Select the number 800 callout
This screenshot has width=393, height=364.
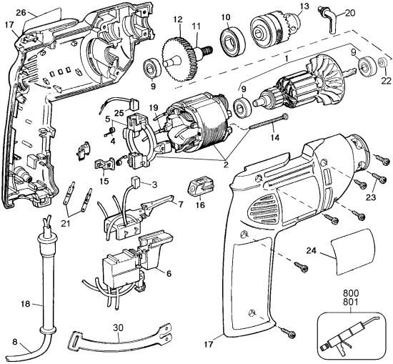pos(350,293)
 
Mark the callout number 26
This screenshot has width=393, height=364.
pos(21,12)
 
